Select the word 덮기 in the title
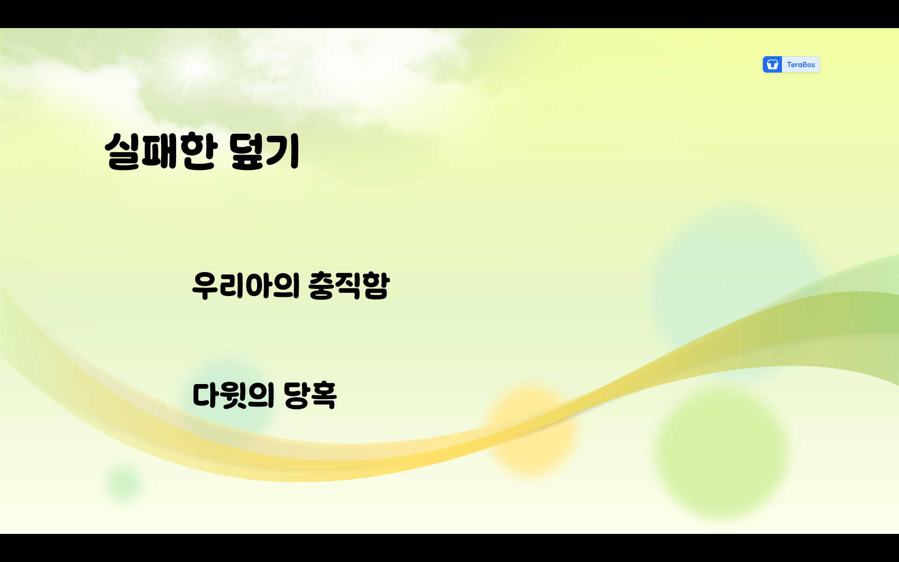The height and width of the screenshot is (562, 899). point(264,151)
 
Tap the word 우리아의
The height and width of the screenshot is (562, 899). point(245,285)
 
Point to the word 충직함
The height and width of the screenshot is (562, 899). point(349,285)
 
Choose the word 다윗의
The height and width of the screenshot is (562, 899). point(233,395)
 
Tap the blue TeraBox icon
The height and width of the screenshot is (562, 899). point(772,65)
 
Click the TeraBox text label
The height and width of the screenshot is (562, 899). point(801,65)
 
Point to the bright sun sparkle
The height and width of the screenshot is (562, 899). point(196,68)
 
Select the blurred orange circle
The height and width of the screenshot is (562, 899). point(531,429)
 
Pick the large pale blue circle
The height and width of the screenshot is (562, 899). point(735,281)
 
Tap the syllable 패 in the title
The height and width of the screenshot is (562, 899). point(159,151)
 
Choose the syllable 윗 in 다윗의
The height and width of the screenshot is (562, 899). point(233,395)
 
